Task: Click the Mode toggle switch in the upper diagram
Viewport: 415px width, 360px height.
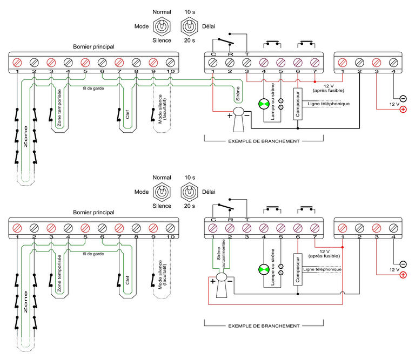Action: pos(162,26)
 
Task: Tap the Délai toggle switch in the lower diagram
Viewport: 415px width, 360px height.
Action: pos(189,192)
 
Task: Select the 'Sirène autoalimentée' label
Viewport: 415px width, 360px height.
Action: pos(221,254)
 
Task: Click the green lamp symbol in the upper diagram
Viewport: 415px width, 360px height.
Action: pos(264,104)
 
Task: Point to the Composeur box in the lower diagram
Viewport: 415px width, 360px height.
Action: pos(298,269)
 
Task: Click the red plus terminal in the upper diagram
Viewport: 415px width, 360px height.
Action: pos(403,109)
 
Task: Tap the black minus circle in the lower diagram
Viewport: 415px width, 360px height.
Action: pos(403,264)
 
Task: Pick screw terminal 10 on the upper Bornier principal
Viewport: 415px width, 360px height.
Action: pos(170,63)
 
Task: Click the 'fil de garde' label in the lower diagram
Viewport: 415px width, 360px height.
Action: pos(93,254)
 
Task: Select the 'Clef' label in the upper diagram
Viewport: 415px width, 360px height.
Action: pos(128,114)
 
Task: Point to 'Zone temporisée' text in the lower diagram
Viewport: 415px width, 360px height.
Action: pos(59,273)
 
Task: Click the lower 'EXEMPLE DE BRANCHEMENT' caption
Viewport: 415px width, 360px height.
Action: pos(264,326)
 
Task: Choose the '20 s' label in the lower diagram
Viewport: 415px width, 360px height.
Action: pos(190,206)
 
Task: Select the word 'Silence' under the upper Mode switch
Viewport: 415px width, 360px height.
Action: pos(162,40)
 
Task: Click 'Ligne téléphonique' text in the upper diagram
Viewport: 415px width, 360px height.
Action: pos(329,104)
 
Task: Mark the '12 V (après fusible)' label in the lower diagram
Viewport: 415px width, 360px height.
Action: pos(324,254)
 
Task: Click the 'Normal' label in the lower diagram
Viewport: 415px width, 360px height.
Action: pos(162,178)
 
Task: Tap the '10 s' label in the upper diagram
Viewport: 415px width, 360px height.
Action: pos(190,12)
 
